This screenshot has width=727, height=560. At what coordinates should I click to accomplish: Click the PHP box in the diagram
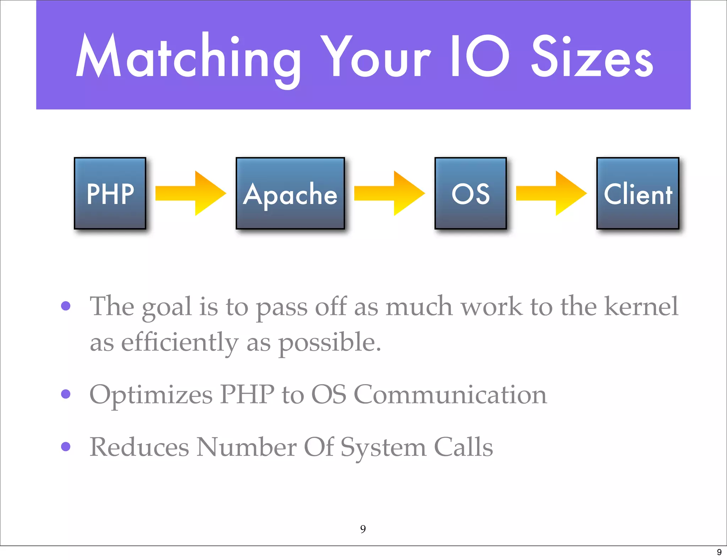[110, 193]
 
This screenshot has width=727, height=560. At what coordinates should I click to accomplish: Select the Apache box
[290, 193]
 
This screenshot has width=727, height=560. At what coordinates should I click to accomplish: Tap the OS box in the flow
[470, 193]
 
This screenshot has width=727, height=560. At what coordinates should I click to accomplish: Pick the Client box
[638, 193]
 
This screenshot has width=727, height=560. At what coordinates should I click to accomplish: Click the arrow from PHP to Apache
[191, 193]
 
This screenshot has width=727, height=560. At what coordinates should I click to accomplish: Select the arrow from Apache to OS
[389, 193]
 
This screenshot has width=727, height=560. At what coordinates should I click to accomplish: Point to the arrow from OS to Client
[551, 193]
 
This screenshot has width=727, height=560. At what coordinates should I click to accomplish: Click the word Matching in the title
[188, 57]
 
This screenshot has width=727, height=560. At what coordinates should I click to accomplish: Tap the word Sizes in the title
[592, 57]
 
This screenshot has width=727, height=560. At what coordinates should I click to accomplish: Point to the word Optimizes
[151, 394]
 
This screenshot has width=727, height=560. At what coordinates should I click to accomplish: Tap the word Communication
[450, 394]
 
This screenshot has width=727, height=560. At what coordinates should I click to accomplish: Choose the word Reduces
[139, 447]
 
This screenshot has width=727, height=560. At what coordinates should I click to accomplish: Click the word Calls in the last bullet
[463, 447]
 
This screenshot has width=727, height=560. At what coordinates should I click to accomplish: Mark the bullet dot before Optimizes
[66, 394]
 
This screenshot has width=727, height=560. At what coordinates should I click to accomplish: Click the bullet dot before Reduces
[66, 446]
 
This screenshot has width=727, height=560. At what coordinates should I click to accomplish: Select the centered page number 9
[363, 529]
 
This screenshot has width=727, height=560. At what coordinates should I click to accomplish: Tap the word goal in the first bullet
[167, 306]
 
